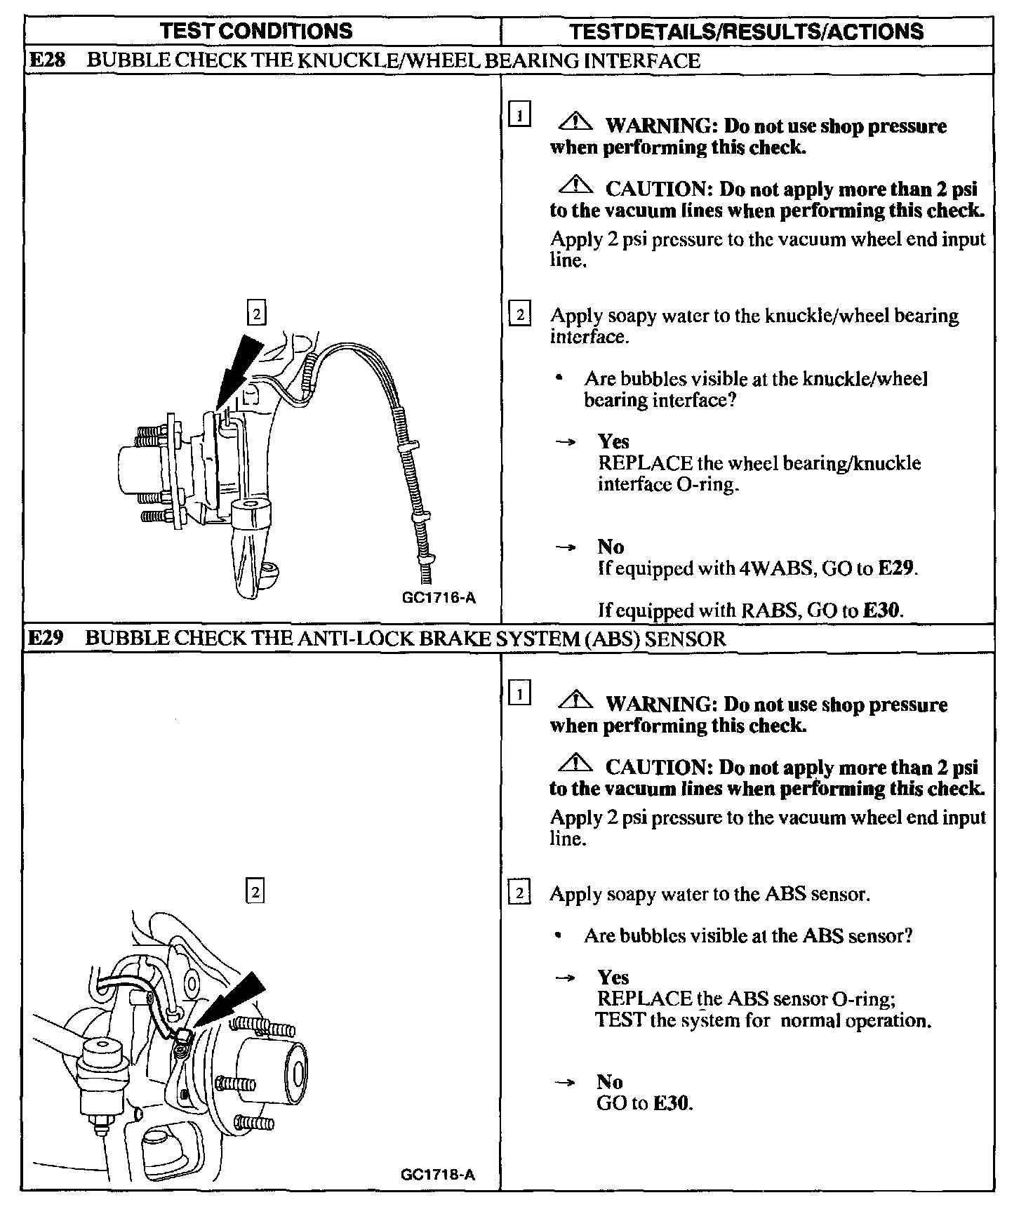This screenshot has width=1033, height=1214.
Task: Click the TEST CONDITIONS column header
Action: pos(256,31)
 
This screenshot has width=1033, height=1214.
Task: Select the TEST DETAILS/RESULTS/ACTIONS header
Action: pos(746,31)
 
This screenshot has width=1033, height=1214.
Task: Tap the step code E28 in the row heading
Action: pos(46,60)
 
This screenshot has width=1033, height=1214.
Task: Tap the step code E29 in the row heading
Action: pos(46,638)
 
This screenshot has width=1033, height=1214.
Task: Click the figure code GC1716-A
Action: pos(439,598)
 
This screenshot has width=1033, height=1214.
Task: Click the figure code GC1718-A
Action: pos(439,1174)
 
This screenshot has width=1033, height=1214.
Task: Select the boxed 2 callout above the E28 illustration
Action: pos(256,313)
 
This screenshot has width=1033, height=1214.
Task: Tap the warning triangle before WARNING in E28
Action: pos(575,124)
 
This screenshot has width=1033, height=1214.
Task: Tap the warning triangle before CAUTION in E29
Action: pos(575,763)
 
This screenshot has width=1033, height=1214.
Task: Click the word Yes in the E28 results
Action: pos(613,441)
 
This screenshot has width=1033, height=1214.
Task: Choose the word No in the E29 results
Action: pos(610,1081)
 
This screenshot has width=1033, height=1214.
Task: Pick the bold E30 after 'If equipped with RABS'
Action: pos(881,610)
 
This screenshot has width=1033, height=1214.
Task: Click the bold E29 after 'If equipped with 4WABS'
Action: pos(896,568)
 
